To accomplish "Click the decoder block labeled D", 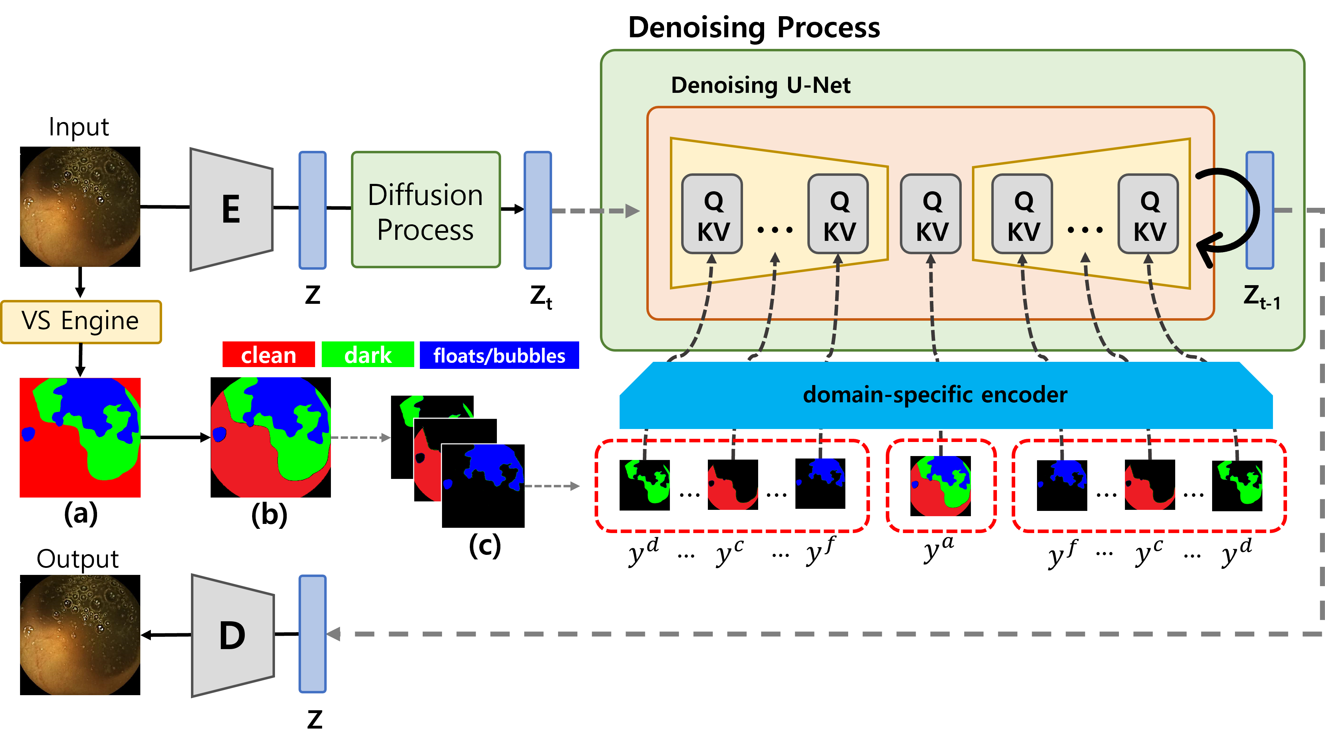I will (x=232, y=635).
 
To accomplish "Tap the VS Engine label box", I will (x=81, y=321).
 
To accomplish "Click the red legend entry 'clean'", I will (x=268, y=355).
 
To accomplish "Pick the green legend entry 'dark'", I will (x=367, y=355).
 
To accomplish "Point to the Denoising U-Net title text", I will (x=760, y=85).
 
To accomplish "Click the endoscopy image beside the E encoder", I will (x=80, y=206).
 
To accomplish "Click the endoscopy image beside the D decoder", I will (x=80, y=635).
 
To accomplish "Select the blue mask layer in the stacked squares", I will (x=483, y=485).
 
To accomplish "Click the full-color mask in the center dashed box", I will (x=941, y=486).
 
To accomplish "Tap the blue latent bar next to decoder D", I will (x=313, y=634).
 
